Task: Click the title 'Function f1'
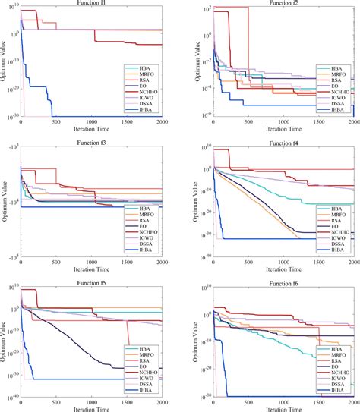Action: point(90,2)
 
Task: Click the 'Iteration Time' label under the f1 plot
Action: point(90,129)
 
